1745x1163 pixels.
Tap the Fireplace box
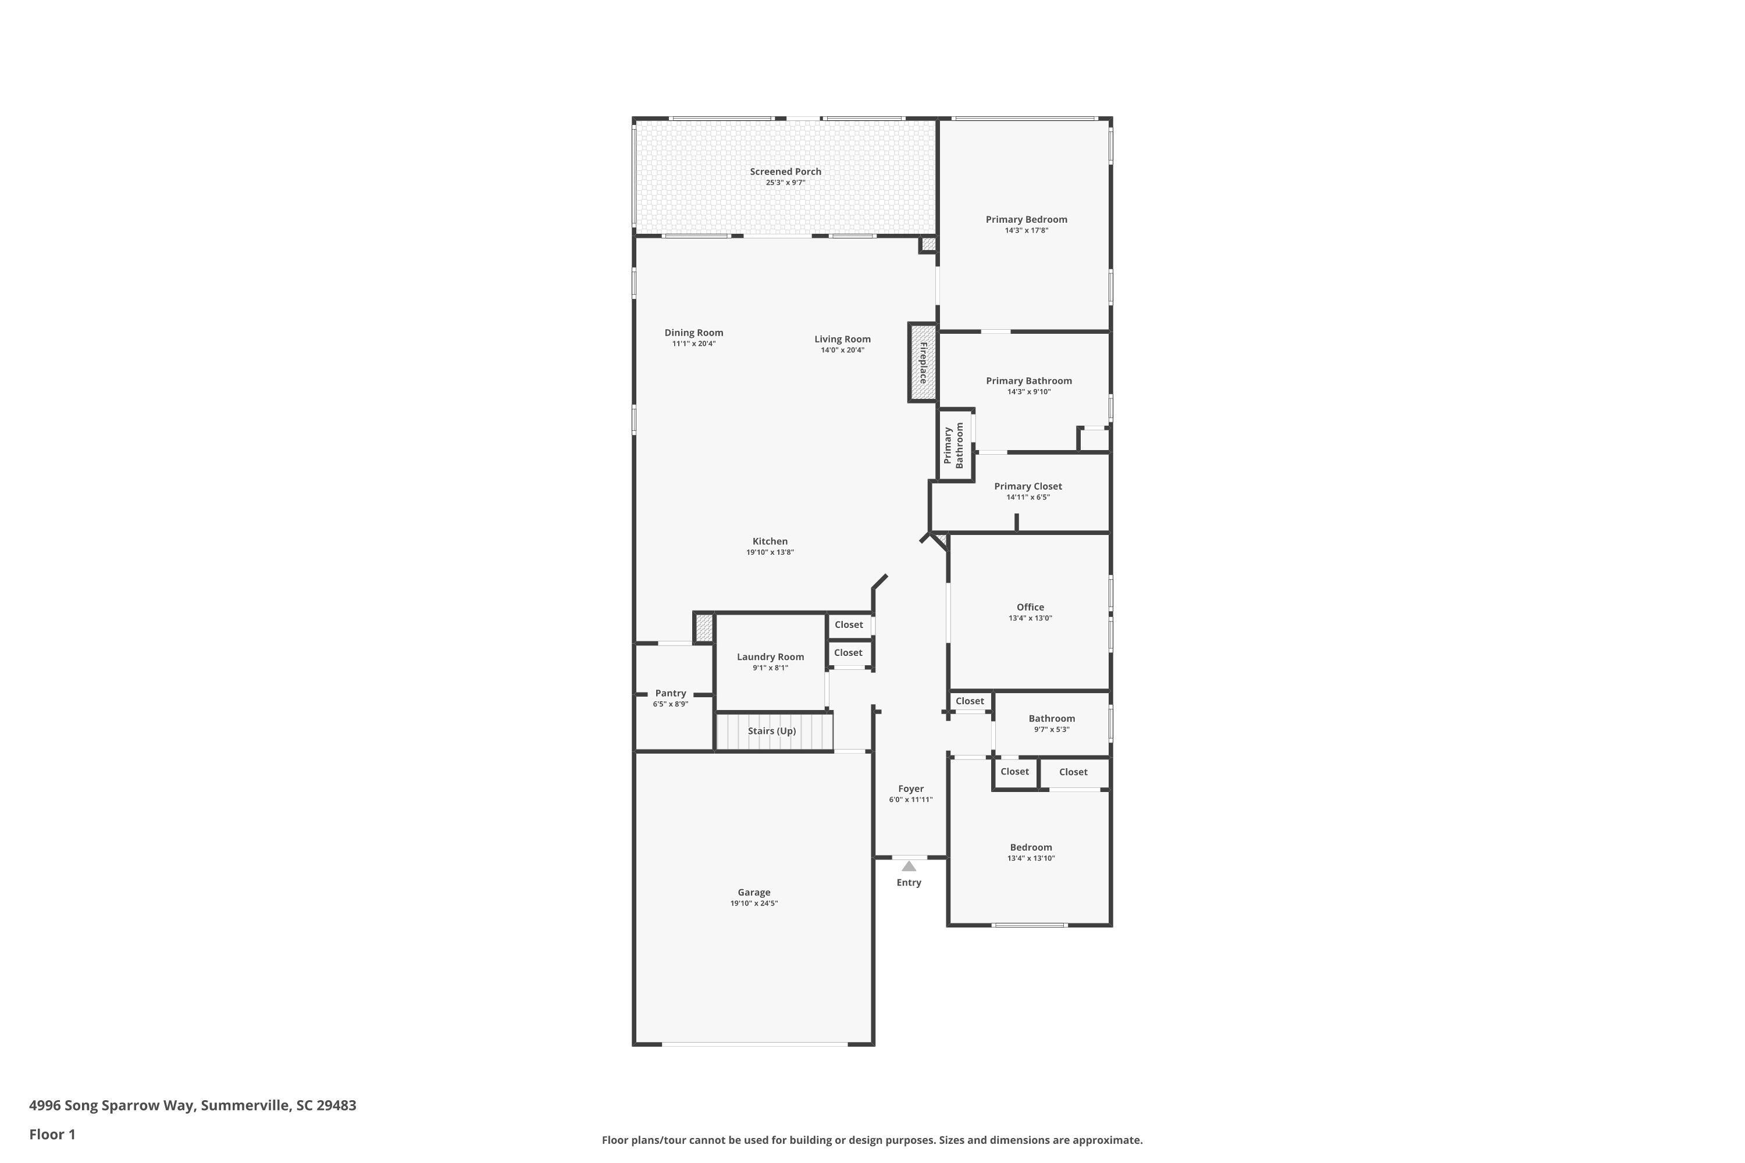[x=922, y=363]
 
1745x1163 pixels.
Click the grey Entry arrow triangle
[x=908, y=866]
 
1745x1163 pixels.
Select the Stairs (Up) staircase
[x=773, y=732]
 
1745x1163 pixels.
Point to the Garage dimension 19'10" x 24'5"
[x=754, y=904]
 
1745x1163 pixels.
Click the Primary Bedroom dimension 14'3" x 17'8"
[x=1026, y=231]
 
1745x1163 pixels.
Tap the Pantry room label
[x=670, y=693]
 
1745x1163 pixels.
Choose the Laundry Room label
[x=770, y=657]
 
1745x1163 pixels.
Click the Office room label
[x=1030, y=607]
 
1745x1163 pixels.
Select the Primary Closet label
[x=1028, y=486]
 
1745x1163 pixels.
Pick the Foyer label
[x=910, y=789]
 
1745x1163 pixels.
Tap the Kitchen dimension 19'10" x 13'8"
[x=770, y=552]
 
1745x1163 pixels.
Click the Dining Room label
[x=694, y=332]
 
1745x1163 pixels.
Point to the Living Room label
[x=842, y=339]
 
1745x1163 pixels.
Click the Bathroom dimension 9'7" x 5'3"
[x=1051, y=730]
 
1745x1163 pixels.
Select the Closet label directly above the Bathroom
[x=969, y=701]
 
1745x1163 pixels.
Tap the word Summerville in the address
[x=245, y=1105]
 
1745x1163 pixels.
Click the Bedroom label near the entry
[x=1031, y=847]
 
